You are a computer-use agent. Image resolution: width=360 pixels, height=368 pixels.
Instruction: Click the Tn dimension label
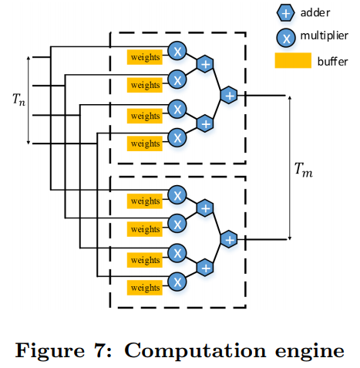18,99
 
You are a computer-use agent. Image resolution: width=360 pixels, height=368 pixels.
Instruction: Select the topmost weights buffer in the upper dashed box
145,56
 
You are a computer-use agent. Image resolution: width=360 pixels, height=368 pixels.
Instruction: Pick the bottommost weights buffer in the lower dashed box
145,288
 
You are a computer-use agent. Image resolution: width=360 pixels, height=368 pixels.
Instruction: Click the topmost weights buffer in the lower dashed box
145,201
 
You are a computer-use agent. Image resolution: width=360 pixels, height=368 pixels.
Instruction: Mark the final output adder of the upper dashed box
229,95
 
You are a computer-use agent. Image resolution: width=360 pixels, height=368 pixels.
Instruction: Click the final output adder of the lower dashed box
229,239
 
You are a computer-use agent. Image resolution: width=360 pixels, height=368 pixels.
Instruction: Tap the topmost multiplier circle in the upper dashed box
177,51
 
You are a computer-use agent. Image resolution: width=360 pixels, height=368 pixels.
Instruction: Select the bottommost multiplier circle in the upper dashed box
177,137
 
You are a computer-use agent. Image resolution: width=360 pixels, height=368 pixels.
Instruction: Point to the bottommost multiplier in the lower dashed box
177,282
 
